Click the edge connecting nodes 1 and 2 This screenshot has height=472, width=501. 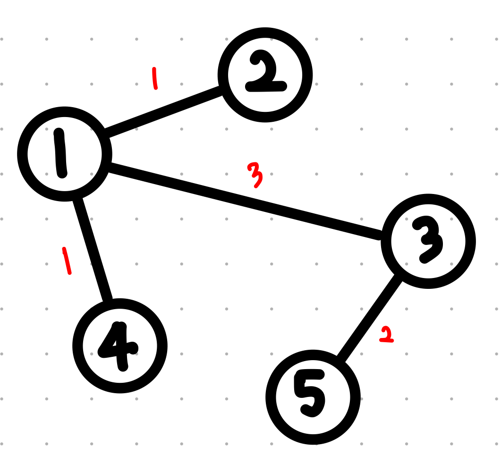[163, 112]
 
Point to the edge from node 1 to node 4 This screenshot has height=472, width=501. [93, 248]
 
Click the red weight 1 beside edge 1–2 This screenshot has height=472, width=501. [154, 78]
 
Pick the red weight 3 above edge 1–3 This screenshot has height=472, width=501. [255, 175]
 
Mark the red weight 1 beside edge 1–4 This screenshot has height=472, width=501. [67, 261]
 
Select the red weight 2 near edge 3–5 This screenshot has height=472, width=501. [387, 335]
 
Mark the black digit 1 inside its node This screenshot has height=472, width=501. [60, 154]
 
